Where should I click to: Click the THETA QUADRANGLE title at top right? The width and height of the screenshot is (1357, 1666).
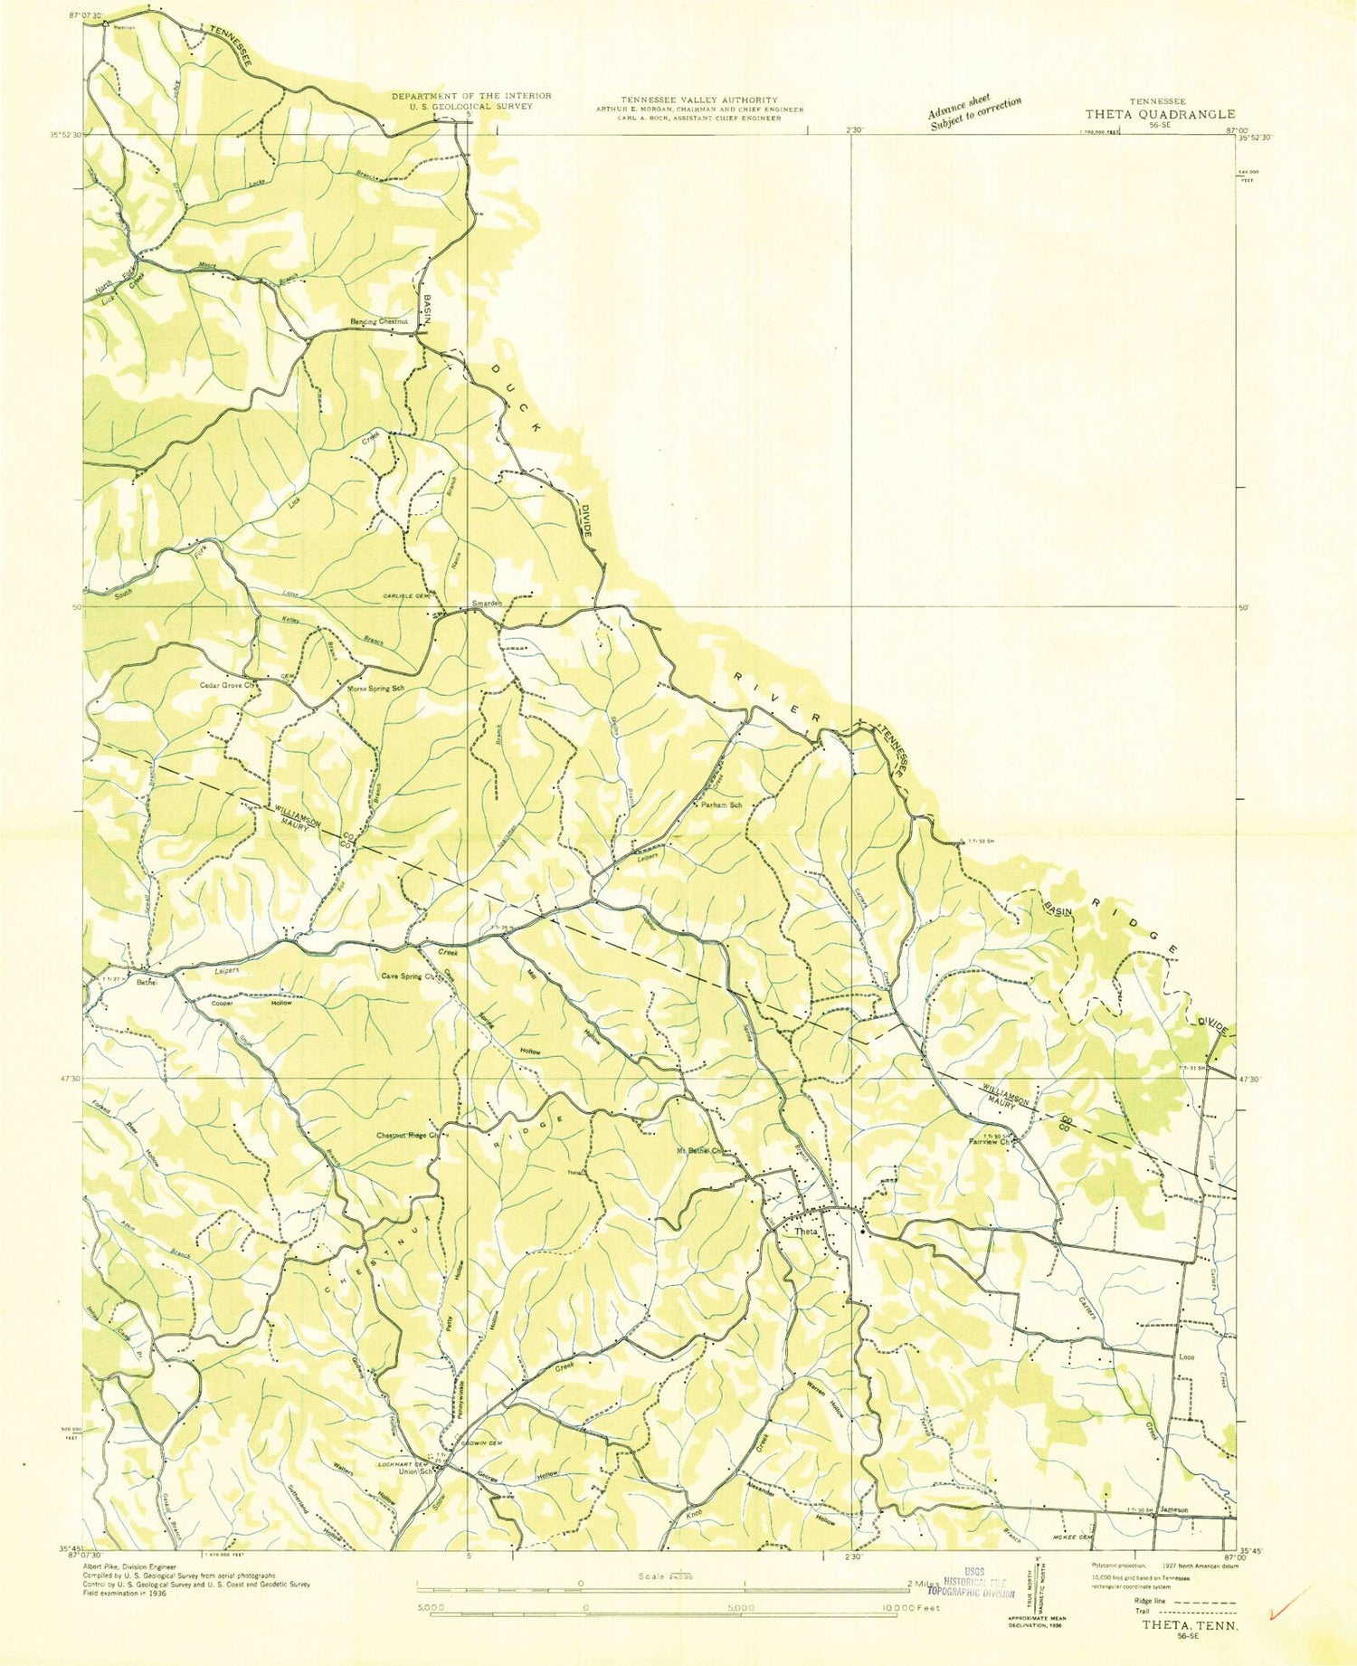click(x=1160, y=114)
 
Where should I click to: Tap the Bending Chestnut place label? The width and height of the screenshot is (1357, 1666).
click(x=380, y=321)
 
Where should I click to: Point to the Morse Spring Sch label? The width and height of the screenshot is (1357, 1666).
click(x=375, y=689)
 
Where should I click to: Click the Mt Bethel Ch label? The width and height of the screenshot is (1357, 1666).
click(x=702, y=1151)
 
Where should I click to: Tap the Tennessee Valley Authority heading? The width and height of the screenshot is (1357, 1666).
click(x=698, y=100)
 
